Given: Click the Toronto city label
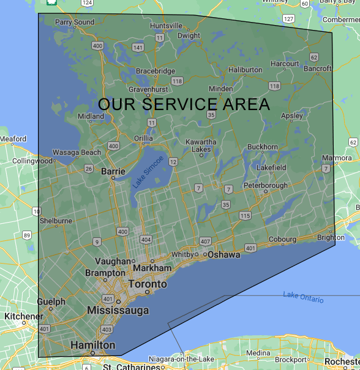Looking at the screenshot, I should point(147,284).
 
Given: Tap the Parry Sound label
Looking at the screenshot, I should point(75,23).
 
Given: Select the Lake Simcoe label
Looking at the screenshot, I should point(148,172).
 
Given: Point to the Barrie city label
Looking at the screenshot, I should point(113,172).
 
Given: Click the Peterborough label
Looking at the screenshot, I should point(265,185).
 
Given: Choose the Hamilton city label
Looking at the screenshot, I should point(92,346).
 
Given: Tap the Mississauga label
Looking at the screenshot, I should point(118,311).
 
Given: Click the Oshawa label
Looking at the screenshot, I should point(223,254).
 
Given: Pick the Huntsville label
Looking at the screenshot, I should point(166,26).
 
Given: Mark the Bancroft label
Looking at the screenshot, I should point(318,68).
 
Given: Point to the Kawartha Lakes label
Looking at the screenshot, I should point(201,146).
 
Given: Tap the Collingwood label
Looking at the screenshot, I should point(32,161).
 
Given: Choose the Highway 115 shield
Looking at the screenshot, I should point(246,215).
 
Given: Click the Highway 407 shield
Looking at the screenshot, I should point(205,242).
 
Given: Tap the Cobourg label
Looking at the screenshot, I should point(282,239).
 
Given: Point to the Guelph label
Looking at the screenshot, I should point(51,302).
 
